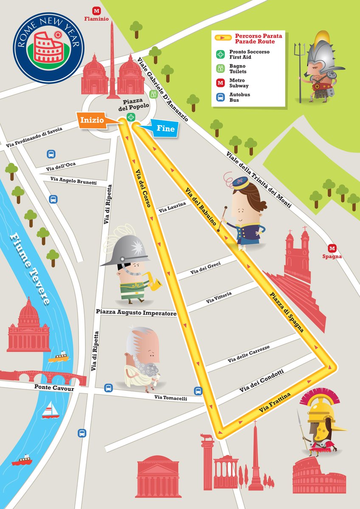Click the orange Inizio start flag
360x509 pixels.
93,120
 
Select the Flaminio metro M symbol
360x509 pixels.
97,11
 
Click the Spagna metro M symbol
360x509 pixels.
332,248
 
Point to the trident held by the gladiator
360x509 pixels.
301,68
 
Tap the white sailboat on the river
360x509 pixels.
51,410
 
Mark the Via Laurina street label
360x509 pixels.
172,207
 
